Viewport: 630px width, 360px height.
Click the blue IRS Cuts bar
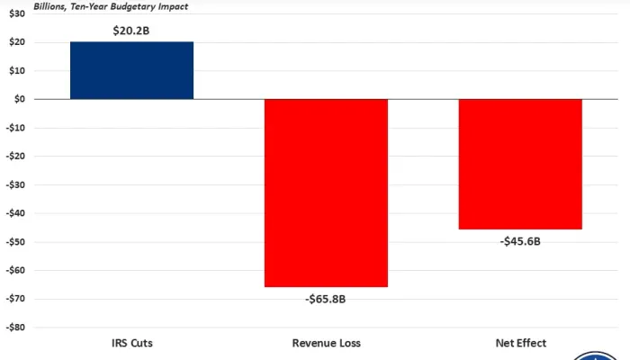(x=131, y=70)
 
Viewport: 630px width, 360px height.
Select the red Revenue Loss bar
(x=326, y=193)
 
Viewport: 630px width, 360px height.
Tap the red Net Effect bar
(x=520, y=164)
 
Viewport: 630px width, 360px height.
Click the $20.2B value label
(x=131, y=30)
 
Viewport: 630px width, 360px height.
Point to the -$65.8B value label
(x=326, y=299)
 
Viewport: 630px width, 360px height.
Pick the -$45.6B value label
(x=520, y=241)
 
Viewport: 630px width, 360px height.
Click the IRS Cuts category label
(x=131, y=343)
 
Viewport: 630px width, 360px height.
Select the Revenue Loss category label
(x=326, y=343)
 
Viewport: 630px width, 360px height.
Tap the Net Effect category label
(x=520, y=343)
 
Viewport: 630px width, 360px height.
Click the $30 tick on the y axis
(x=17, y=13)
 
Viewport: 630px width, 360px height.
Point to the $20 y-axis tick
(x=17, y=42)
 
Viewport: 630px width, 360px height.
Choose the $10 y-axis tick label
(x=17, y=71)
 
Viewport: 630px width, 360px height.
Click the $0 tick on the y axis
(x=19, y=99)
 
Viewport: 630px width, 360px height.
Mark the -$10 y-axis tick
(x=15, y=128)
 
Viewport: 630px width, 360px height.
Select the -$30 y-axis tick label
(x=15, y=184)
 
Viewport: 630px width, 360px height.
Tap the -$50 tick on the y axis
(x=15, y=242)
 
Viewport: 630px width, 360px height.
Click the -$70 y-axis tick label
(x=15, y=299)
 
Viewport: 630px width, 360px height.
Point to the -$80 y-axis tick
(x=15, y=328)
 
